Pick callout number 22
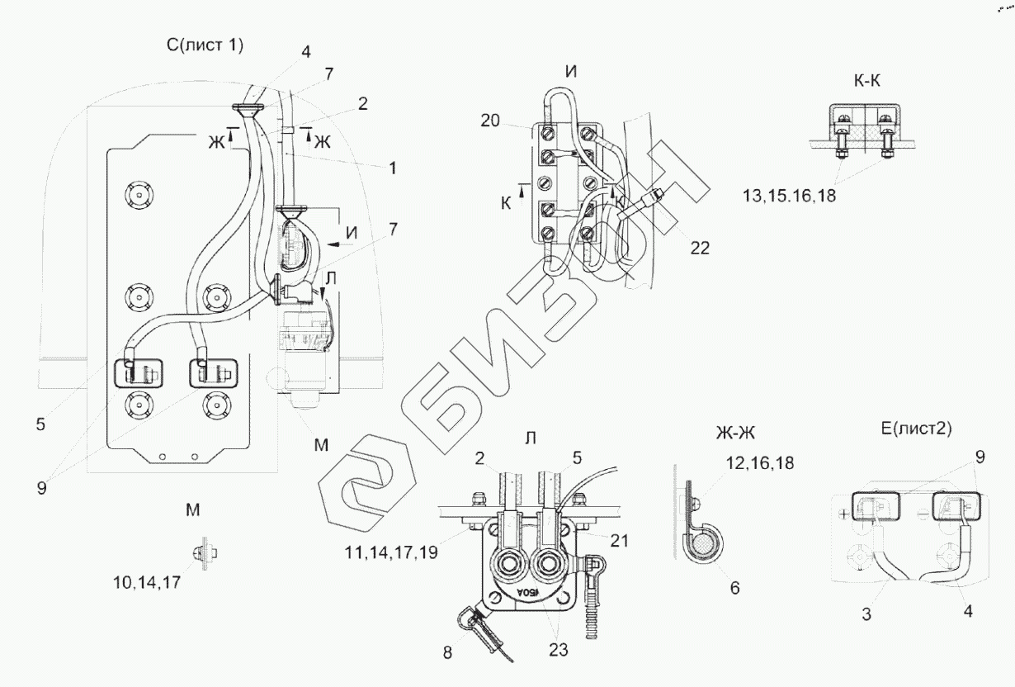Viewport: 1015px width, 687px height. tap(700, 247)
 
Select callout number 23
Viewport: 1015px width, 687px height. tap(558, 649)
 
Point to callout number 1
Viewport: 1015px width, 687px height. tap(393, 168)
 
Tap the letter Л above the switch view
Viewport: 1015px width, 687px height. tap(530, 438)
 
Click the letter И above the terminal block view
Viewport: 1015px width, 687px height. tap(571, 71)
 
